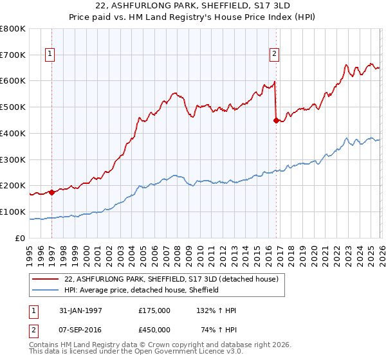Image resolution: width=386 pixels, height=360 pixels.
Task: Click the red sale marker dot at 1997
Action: click(x=51, y=192)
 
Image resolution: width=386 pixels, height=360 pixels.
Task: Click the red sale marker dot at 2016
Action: click(x=276, y=120)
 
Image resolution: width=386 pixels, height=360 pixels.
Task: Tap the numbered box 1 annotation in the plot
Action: click(x=50, y=55)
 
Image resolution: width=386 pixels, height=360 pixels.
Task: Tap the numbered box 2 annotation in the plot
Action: click(x=275, y=55)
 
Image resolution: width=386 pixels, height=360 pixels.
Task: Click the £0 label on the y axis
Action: click(x=20, y=238)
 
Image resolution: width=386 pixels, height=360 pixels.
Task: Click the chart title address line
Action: click(x=192, y=6)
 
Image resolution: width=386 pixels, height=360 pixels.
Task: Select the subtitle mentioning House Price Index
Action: click(x=192, y=18)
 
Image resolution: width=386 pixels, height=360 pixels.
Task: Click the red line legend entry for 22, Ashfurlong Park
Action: click(x=170, y=279)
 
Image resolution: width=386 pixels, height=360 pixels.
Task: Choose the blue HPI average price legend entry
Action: click(x=142, y=290)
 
